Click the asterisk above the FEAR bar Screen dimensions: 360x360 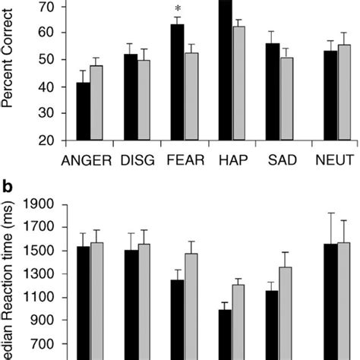177,9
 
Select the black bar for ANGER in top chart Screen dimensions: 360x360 83,112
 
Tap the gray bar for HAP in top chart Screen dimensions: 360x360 239,84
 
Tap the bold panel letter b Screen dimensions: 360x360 8,187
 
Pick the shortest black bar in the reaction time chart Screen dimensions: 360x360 225,334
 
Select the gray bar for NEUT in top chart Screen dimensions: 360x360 344,93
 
